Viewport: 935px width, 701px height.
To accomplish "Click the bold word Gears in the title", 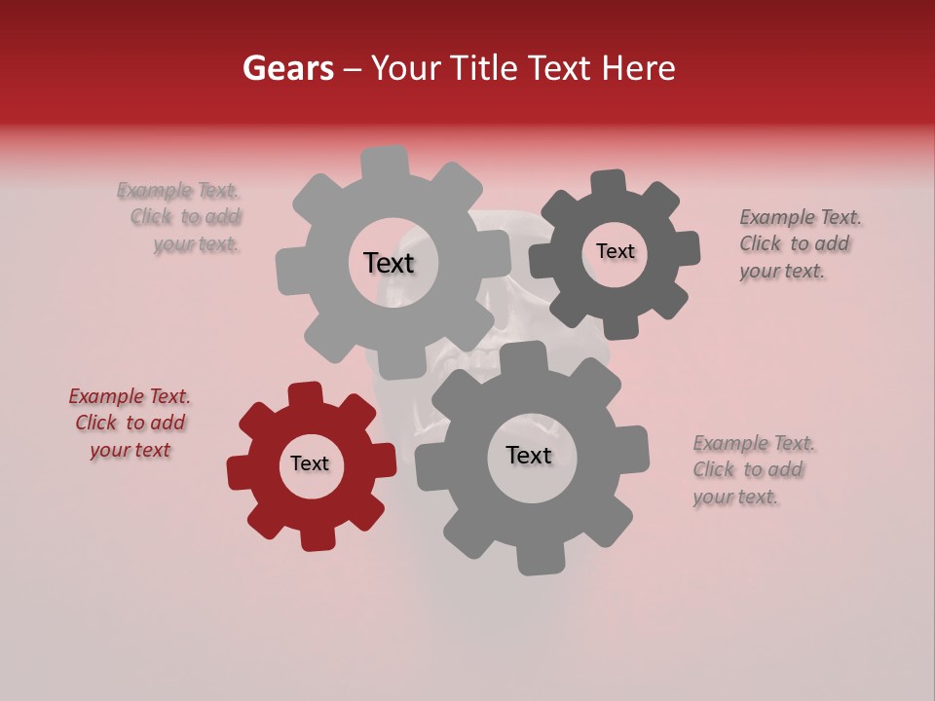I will click(x=287, y=68).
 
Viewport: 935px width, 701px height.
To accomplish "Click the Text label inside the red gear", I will click(x=310, y=463).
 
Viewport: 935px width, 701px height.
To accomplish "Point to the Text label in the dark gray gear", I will click(x=615, y=251).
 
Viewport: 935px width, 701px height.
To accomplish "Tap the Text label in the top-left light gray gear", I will click(x=389, y=263).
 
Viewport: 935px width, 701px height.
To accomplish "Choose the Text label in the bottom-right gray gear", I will click(x=529, y=456).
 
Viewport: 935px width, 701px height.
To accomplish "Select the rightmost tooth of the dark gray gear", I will click(x=687, y=248).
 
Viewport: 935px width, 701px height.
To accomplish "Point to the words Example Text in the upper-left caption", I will click(x=178, y=190).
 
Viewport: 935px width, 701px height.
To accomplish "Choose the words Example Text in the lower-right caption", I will click(x=754, y=443).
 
